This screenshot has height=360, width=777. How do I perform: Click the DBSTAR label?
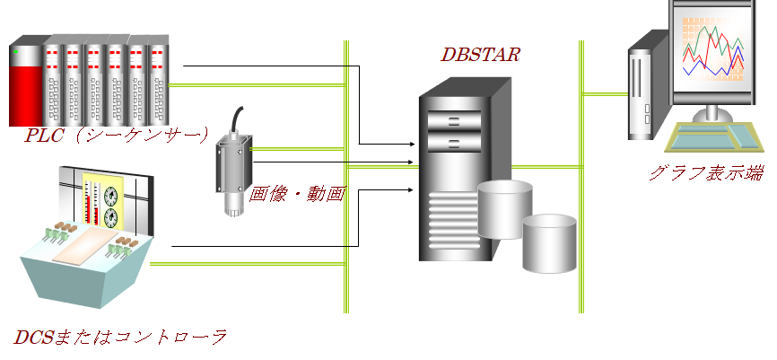[x=480, y=55]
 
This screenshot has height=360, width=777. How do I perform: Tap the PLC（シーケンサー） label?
[x=118, y=136]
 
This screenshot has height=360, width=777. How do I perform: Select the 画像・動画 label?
[x=297, y=194]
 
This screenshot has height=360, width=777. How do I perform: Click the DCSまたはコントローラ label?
[x=119, y=338]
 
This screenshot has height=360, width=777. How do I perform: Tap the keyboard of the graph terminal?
[x=708, y=136]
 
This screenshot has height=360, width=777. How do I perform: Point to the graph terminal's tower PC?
[x=645, y=85]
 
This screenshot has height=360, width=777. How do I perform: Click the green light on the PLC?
[x=15, y=52]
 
